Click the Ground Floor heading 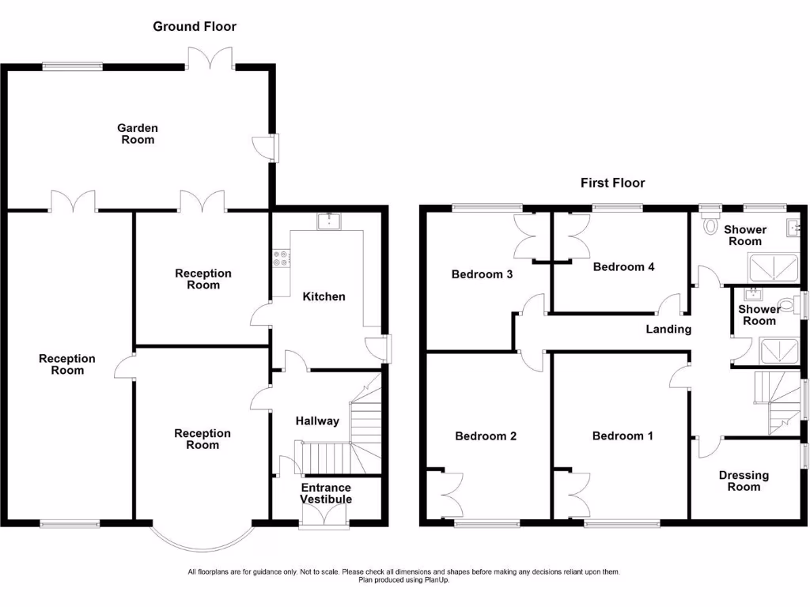pyautogui.click(x=194, y=26)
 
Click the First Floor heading pyautogui.click(x=612, y=183)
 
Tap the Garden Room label pyautogui.click(x=138, y=134)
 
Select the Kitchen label pyautogui.click(x=324, y=296)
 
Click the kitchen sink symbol pyautogui.click(x=327, y=221)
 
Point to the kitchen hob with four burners pyautogui.click(x=281, y=257)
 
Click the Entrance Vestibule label pyautogui.click(x=326, y=493)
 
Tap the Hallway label pyautogui.click(x=317, y=420)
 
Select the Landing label pyautogui.click(x=668, y=329)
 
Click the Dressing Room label pyautogui.click(x=744, y=481)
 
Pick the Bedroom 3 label pyautogui.click(x=483, y=274)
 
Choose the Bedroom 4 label pyautogui.click(x=623, y=266)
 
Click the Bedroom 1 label pyautogui.click(x=623, y=435)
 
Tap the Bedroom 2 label pyautogui.click(x=486, y=435)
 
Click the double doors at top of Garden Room pyautogui.click(x=210, y=59)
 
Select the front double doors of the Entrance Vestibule pyautogui.click(x=325, y=515)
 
